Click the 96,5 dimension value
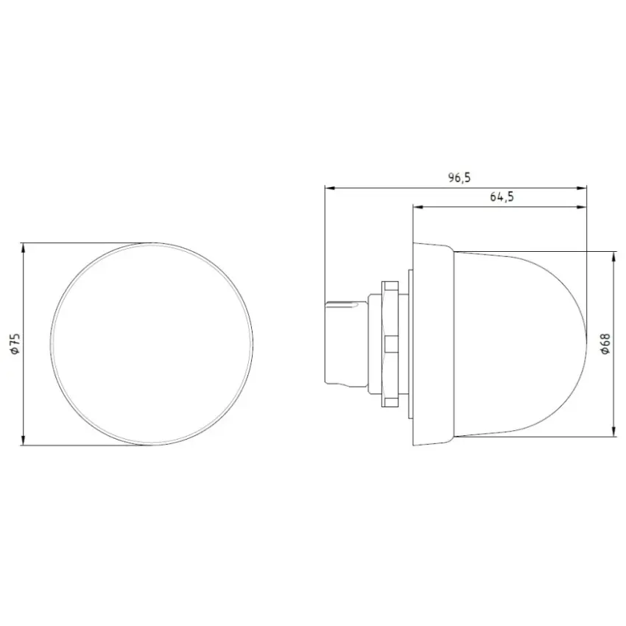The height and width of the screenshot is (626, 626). point(459,177)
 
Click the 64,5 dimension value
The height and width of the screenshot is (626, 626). point(502,197)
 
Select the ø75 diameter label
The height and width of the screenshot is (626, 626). point(15,344)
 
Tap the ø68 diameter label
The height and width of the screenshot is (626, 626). point(605,343)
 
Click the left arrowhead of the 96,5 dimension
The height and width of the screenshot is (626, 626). point(329,187)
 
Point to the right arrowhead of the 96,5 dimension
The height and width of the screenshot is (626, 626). point(582,187)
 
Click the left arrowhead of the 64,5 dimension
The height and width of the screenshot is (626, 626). point(418,207)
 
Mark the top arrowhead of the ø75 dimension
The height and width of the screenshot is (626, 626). point(24,248)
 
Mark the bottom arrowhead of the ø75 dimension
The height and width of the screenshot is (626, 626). point(24,440)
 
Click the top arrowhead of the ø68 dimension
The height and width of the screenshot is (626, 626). point(613,257)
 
